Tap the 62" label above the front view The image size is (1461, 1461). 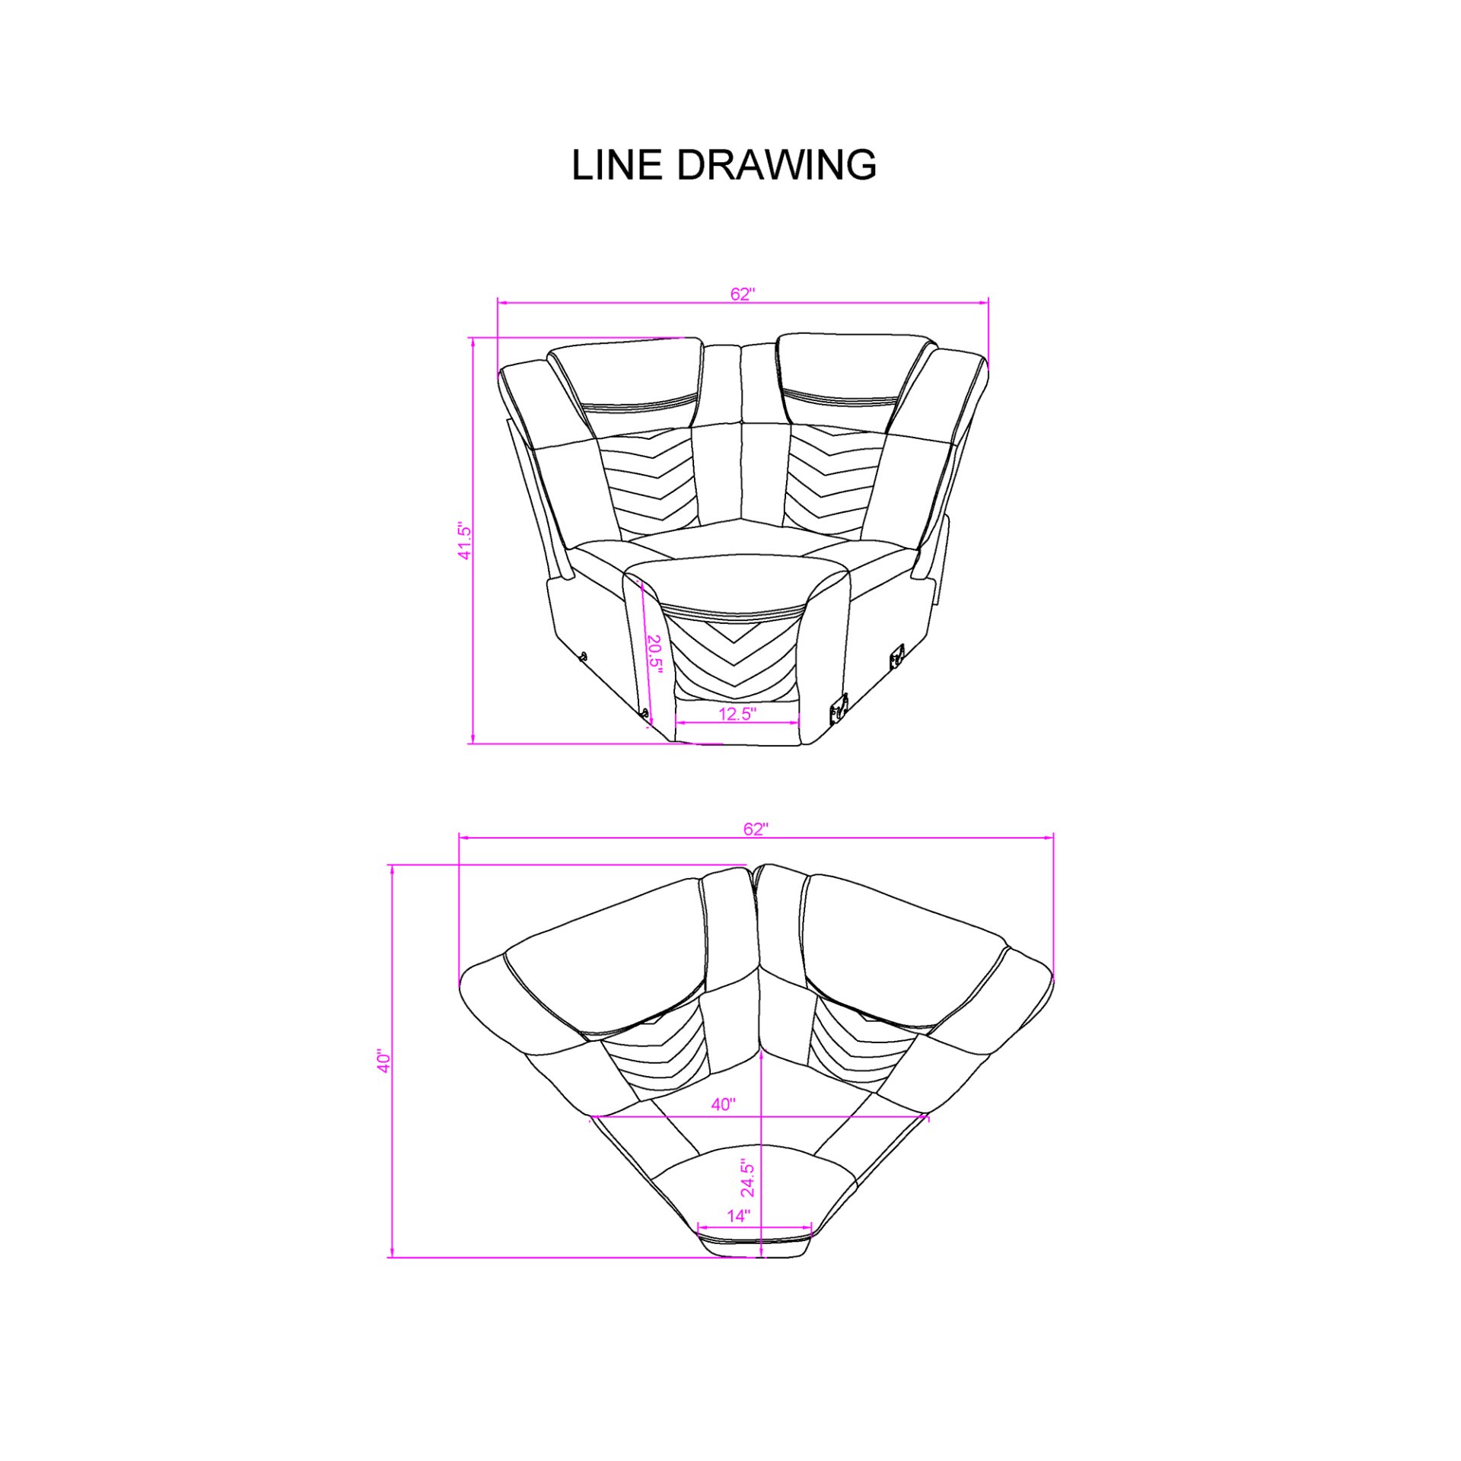click(x=742, y=294)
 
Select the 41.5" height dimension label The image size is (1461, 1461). click(x=464, y=541)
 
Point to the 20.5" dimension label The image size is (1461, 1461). click(x=654, y=653)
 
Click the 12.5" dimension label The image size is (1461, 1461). click(x=737, y=714)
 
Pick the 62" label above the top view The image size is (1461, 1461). click(x=756, y=829)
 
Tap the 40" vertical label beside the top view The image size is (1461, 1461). click(x=384, y=1061)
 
